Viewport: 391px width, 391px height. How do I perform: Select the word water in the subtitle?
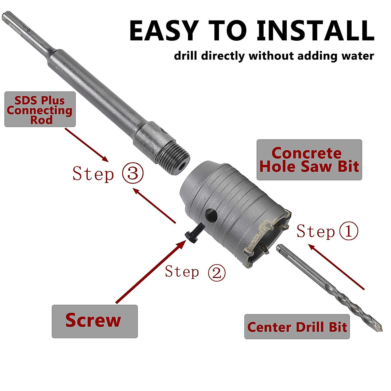point(357,56)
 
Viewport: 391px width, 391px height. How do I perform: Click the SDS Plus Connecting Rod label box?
point(40,109)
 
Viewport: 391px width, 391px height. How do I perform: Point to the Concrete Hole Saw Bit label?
point(309,160)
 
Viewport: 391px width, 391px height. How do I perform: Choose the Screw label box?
point(94,321)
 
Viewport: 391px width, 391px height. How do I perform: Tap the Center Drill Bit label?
point(297,327)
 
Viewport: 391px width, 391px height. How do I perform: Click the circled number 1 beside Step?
point(348,231)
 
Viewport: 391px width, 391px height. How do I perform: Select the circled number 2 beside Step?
point(217,272)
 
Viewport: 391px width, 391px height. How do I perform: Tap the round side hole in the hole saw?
point(211,215)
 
